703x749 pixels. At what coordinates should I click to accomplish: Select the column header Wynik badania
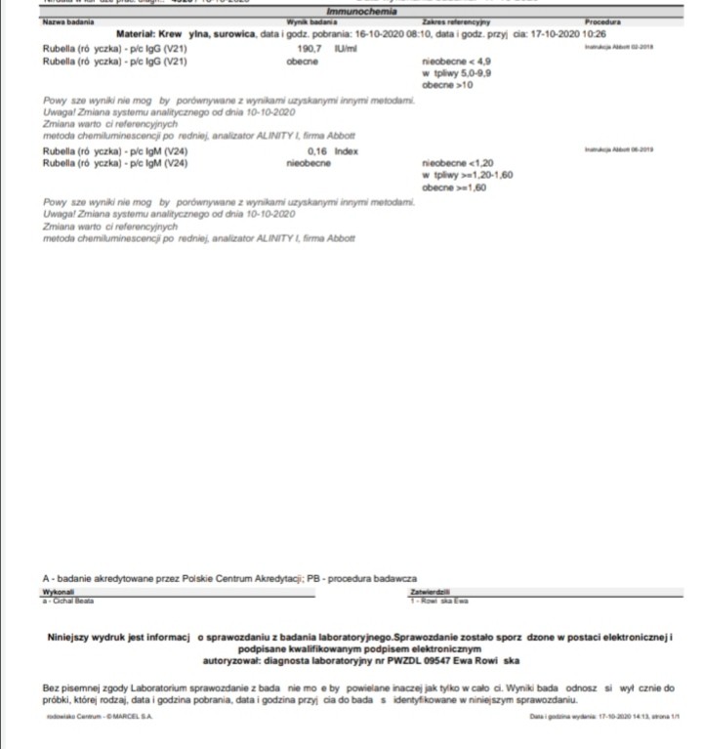(x=310, y=21)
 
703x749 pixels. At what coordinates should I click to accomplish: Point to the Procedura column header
(x=604, y=21)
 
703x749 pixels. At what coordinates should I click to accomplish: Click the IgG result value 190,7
(x=310, y=47)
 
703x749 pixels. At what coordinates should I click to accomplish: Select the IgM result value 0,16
(x=316, y=152)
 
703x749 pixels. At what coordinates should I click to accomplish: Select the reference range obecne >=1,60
(x=453, y=187)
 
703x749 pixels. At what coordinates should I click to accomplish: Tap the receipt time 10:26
(x=595, y=33)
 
